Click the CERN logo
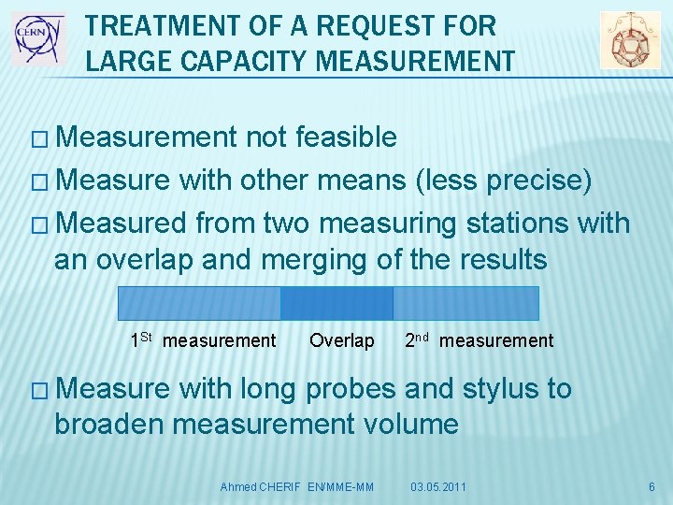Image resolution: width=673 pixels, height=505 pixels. point(38,38)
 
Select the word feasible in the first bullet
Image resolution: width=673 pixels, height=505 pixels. point(345,137)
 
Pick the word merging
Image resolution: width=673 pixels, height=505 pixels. point(315,259)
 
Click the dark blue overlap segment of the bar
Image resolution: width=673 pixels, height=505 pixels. point(336,303)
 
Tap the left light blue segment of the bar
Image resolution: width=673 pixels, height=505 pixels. point(199,303)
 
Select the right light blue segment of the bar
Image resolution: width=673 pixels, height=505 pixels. point(465,303)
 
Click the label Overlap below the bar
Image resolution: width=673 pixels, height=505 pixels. point(341,340)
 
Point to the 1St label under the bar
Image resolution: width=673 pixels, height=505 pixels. point(141,339)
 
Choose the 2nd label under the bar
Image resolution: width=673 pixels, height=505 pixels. point(417,339)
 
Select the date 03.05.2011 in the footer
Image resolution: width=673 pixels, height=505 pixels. point(438,487)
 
